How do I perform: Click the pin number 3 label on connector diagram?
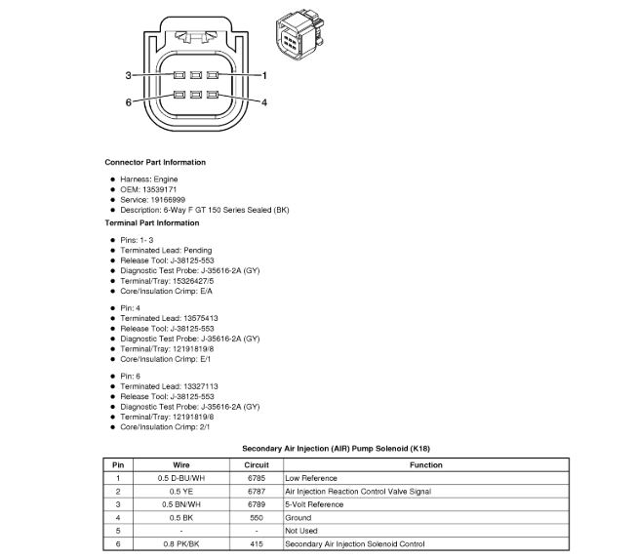[128, 75]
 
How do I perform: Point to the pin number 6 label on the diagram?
[128, 102]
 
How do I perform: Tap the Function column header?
[426, 465]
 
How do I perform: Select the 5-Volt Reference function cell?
[314, 504]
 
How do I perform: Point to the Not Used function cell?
[301, 530]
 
